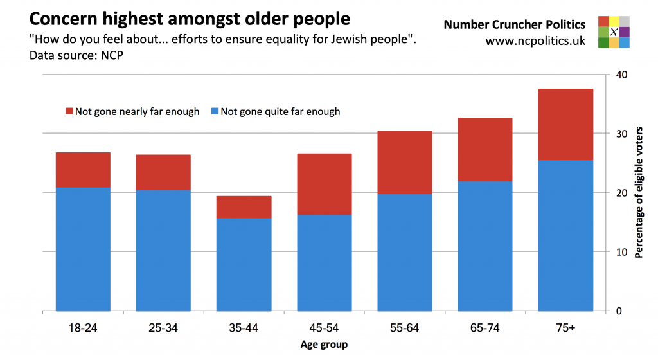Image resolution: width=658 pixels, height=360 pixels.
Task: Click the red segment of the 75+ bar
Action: click(565, 124)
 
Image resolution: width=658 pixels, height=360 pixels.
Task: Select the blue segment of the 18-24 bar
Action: click(83, 249)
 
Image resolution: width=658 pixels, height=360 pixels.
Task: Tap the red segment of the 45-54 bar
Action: click(325, 184)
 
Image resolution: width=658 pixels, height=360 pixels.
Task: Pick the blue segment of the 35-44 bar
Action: click(244, 264)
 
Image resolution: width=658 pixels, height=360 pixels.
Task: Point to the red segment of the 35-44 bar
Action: click(244, 207)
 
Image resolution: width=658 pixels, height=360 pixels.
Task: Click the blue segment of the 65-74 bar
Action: click(485, 246)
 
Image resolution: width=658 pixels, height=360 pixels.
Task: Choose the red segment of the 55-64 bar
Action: click(405, 162)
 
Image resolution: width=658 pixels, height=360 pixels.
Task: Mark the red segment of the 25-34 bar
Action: click(163, 172)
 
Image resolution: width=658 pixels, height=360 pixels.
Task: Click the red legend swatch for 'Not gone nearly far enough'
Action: click(69, 112)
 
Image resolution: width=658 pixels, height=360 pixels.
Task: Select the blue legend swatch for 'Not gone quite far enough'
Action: click(215, 112)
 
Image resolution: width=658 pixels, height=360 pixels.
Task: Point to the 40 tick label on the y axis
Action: click(621, 75)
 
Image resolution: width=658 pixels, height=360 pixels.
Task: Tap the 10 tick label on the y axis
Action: click(621, 252)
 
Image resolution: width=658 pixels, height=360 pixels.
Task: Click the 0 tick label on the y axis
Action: click(619, 311)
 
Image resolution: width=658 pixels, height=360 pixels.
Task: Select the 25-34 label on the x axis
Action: click(163, 328)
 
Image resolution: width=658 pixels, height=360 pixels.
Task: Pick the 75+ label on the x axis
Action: click(565, 328)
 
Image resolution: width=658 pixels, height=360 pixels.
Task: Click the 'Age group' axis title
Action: click(324, 345)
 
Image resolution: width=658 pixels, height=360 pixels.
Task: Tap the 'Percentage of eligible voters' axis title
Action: click(639, 193)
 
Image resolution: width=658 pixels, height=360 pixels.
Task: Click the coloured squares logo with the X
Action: click(613, 32)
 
